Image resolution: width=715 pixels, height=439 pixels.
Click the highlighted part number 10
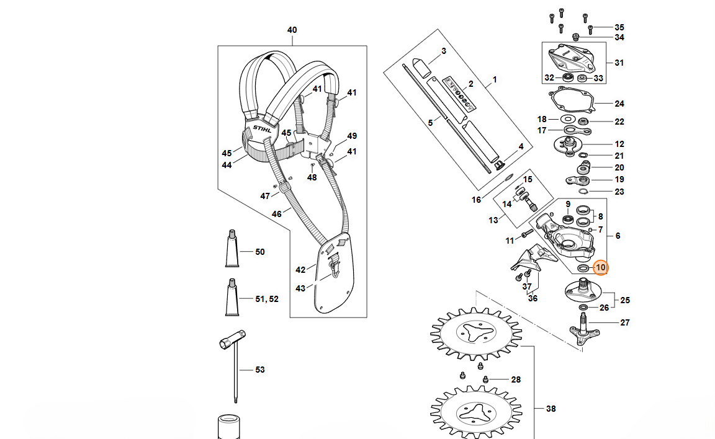(x=600, y=268)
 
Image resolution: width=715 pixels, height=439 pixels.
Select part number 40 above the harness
(x=292, y=30)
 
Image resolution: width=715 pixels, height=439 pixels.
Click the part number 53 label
(x=260, y=370)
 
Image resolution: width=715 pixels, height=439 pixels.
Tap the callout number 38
(x=551, y=409)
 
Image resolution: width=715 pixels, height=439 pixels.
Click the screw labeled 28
(x=486, y=379)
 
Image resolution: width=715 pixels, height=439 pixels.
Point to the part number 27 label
(x=625, y=322)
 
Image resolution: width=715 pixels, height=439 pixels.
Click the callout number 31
(x=619, y=63)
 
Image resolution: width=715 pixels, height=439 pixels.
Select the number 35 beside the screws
(x=619, y=28)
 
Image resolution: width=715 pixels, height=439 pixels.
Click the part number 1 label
(x=495, y=80)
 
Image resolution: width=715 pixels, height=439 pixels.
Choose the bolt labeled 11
(x=526, y=234)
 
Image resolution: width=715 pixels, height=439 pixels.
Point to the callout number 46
(x=277, y=214)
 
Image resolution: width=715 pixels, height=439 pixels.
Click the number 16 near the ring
(x=477, y=200)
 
